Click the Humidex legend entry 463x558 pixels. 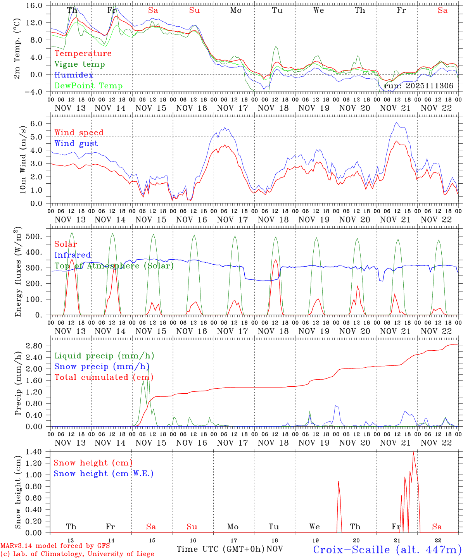click(x=74, y=75)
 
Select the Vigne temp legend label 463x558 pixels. click(x=79, y=64)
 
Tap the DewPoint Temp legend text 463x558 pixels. click(x=88, y=86)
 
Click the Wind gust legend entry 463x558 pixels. click(x=76, y=143)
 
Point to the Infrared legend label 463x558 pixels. click(x=73, y=255)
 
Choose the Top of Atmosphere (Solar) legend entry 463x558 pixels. click(x=114, y=266)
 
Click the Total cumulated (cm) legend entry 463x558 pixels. click(x=104, y=377)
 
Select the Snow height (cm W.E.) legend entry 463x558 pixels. click(x=103, y=474)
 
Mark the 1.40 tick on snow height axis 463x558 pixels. click(x=38, y=452)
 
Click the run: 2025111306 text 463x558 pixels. click(x=418, y=86)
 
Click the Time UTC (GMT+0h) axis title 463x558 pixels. click(x=220, y=549)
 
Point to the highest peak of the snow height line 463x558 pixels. click(x=413, y=452)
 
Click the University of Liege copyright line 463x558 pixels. click(x=77, y=554)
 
